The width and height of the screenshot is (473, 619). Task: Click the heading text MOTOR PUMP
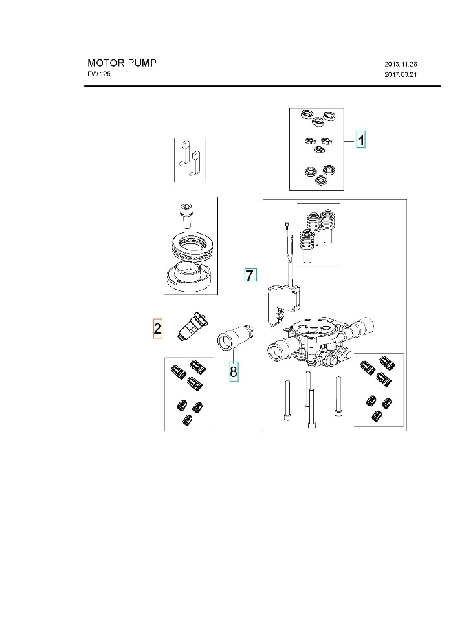(x=122, y=63)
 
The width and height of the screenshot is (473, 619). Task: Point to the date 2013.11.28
(x=401, y=64)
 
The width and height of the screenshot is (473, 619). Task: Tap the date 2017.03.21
(x=401, y=74)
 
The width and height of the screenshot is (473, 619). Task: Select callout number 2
(x=157, y=329)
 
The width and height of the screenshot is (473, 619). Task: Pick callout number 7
(x=250, y=276)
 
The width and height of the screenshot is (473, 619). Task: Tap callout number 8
(x=234, y=371)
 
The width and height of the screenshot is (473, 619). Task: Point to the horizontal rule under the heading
(x=262, y=87)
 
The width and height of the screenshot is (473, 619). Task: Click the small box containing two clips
(x=190, y=160)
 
